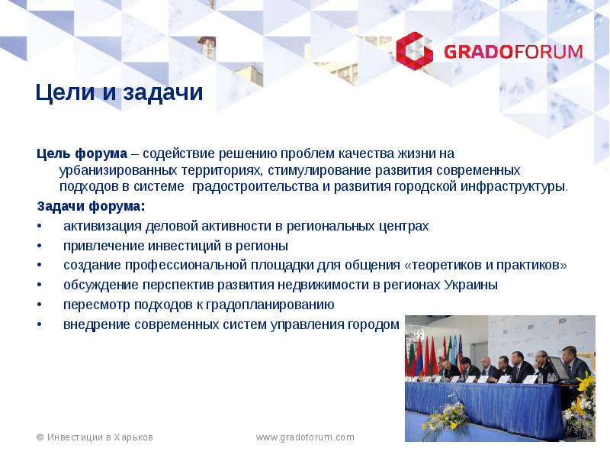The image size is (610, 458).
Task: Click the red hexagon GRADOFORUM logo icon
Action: (x=414, y=51)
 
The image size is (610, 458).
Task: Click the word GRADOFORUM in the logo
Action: (x=513, y=52)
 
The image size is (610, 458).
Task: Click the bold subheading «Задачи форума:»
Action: (x=90, y=207)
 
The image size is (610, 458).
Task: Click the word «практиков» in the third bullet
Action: (x=538, y=266)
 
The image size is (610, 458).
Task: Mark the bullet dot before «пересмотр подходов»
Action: (x=40, y=305)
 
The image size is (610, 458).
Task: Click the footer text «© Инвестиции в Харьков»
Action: (x=95, y=437)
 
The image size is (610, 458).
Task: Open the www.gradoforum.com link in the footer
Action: (x=305, y=437)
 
